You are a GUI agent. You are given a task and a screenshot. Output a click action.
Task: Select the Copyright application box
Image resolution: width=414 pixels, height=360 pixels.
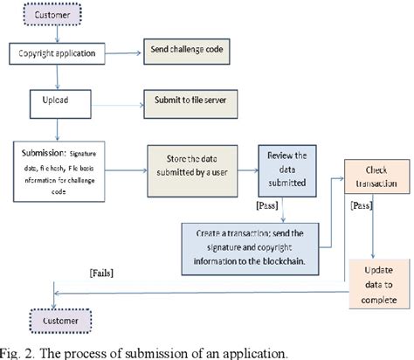pos(57,54)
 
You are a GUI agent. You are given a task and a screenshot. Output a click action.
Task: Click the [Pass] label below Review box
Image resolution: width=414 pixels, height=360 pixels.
pos(266,205)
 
